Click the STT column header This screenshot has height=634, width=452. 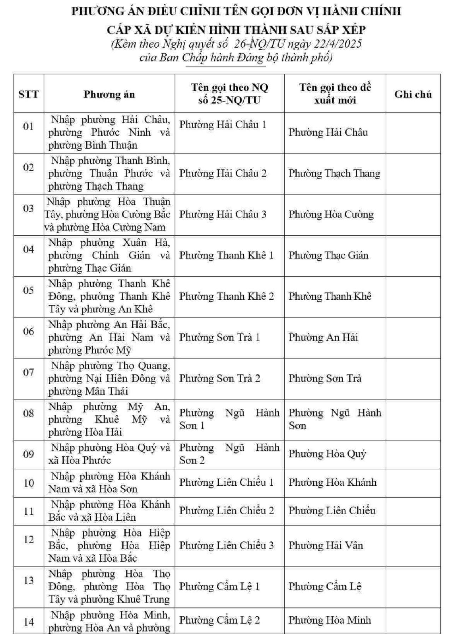(29, 94)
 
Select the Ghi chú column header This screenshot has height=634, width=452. (413, 94)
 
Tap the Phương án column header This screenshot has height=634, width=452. (109, 94)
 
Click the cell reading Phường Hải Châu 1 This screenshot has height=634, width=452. (222, 125)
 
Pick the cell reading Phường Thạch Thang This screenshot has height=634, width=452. (334, 173)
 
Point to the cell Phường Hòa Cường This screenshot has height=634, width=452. (331, 214)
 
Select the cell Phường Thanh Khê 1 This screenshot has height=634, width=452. (226, 255)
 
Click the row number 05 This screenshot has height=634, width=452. (29, 290)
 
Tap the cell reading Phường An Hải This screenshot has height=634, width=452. (323, 337)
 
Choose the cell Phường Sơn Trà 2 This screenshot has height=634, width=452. (220, 378)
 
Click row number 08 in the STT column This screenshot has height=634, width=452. (29, 413)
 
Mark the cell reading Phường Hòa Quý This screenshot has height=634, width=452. (327, 454)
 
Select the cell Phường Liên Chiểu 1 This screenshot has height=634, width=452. (226, 482)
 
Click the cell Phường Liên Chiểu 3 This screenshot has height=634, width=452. (226, 545)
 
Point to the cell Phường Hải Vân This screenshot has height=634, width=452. (326, 545)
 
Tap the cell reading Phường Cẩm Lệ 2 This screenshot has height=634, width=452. (219, 620)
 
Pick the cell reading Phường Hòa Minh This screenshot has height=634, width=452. (329, 620)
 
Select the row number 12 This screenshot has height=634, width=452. (29, 539)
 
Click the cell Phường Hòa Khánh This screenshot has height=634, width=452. (332, 482)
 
